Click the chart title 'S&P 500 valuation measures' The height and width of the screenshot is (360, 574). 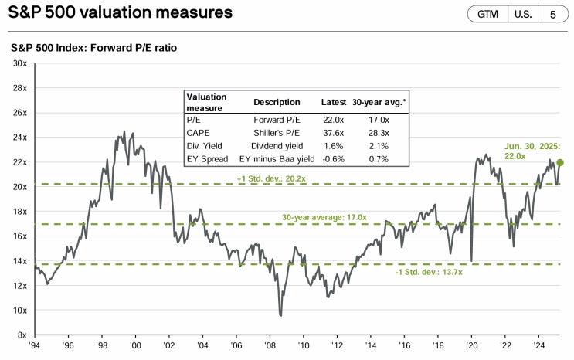(x=121, y=13)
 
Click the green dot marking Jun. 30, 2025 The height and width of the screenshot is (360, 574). (x=560, y=162)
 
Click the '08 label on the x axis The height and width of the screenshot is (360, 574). (x=269, y=347)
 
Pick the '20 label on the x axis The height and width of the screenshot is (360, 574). (x=470, y=347)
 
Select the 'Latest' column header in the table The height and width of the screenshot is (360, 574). (x=333, y=102)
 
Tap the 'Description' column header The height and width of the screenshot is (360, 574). (x=277, y=102)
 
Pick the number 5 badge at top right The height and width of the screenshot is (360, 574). (x=552, y=14)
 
